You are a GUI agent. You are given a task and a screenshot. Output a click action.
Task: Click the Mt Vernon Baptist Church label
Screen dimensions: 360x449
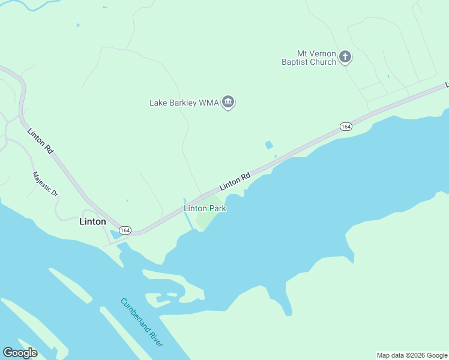point(309,58)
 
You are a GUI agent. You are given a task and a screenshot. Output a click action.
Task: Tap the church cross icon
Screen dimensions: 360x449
point(345,57)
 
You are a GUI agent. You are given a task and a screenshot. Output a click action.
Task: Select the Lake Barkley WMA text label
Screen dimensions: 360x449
point(183,103)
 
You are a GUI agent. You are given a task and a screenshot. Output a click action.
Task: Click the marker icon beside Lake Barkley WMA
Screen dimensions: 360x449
point(228,103)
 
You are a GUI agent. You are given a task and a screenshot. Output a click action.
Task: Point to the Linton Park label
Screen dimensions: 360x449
point(205,209)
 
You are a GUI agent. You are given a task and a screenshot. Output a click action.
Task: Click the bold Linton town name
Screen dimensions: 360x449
point(92,221)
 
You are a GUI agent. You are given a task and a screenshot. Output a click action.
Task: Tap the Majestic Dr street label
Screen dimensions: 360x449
point(45,185)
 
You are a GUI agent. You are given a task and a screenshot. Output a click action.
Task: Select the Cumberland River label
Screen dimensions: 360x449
point(142,322)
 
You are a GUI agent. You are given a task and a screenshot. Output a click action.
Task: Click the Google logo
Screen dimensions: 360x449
point(20,353)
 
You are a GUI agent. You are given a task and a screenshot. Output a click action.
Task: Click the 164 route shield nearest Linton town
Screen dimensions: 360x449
point(125,230)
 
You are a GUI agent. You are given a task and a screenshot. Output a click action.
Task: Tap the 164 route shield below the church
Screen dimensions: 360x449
point(345,127)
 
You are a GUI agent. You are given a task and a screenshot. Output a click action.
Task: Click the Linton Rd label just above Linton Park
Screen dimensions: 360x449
point(235,182)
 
